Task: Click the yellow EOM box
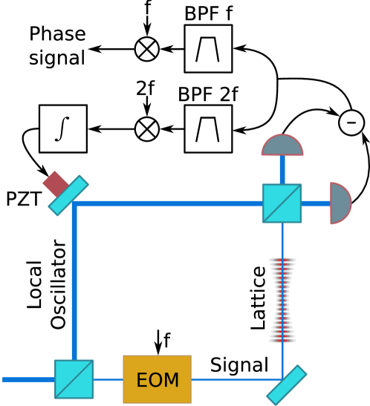157,379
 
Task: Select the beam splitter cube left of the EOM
74,379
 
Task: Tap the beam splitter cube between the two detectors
282,203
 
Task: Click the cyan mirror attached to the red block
68,196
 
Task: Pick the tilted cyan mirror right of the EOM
287,384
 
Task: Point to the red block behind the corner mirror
55,183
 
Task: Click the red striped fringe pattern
283,300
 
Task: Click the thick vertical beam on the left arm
74,282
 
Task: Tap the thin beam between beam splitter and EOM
108,379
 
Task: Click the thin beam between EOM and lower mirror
234,379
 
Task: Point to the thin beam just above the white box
282,240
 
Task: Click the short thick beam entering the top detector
282,169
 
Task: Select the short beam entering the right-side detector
316,203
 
